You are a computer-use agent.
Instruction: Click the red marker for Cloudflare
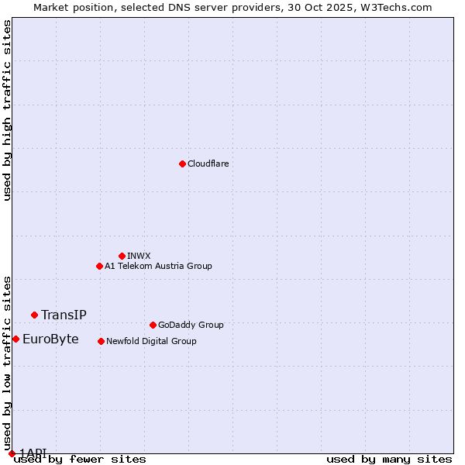pos(182,164)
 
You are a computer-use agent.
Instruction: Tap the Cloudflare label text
pos(208,164)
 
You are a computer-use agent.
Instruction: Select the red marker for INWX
pos(122,256)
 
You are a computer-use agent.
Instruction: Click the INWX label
pos(139,256)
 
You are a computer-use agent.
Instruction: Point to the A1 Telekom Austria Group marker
pos(99,266)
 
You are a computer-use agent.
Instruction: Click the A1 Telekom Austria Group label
pos(158,267)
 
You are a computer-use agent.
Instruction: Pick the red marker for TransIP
pos(34,315)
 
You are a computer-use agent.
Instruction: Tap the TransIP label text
pos(64,315)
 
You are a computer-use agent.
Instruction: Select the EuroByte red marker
pos(15,339)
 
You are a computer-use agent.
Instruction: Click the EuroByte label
pos(50,339)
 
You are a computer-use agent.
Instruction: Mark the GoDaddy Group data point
pos(153,325)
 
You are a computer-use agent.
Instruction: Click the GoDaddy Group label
pos(191,325)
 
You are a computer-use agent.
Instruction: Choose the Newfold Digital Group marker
pos(101,341)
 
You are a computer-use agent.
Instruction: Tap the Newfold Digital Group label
pos(151,342)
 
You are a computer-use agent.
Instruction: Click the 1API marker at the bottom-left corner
pos(12,453)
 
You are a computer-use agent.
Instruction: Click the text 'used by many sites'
pos(389,460)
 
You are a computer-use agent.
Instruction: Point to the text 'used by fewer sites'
pos(81,460)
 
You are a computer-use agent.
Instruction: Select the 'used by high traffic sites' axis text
pos(8,110)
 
